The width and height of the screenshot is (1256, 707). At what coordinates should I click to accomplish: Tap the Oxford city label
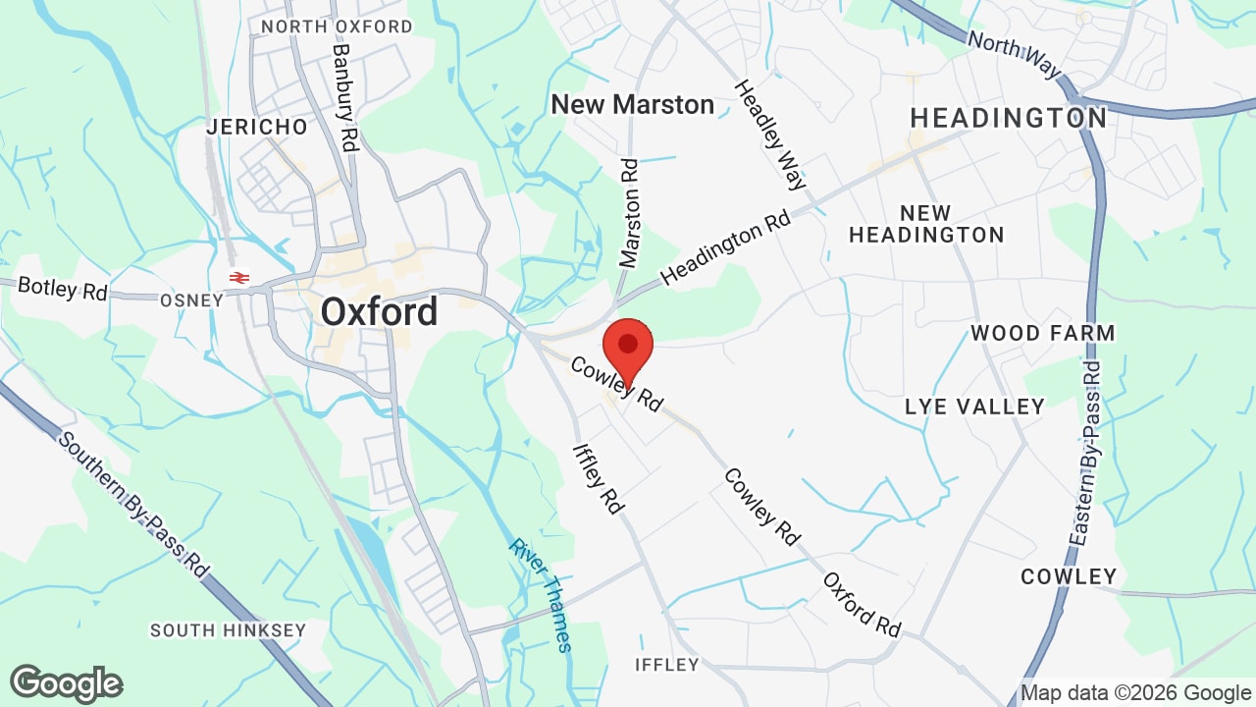379,312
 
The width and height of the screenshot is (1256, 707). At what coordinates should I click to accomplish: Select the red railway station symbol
238,278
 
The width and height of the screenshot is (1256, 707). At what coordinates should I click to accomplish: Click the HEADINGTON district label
1009,118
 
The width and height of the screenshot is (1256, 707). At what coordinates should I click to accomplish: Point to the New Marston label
632,104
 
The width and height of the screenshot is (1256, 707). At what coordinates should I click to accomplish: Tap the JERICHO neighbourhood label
257,127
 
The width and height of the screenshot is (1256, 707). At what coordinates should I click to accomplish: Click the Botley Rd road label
62,289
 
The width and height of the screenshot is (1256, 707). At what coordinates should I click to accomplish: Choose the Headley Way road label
770,135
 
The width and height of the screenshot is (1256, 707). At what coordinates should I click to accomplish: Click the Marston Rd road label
629,213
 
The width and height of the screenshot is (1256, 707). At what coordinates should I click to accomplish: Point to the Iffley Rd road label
599,479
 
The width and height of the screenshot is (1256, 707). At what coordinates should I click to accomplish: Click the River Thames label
540,593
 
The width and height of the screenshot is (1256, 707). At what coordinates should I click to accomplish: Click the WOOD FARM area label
1042,333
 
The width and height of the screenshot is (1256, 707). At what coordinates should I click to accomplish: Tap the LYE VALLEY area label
974,407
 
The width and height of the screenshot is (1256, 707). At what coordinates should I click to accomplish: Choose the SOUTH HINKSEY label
228,630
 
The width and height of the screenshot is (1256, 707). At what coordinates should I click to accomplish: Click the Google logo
67,683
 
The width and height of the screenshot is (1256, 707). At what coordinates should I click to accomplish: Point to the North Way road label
1014,55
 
